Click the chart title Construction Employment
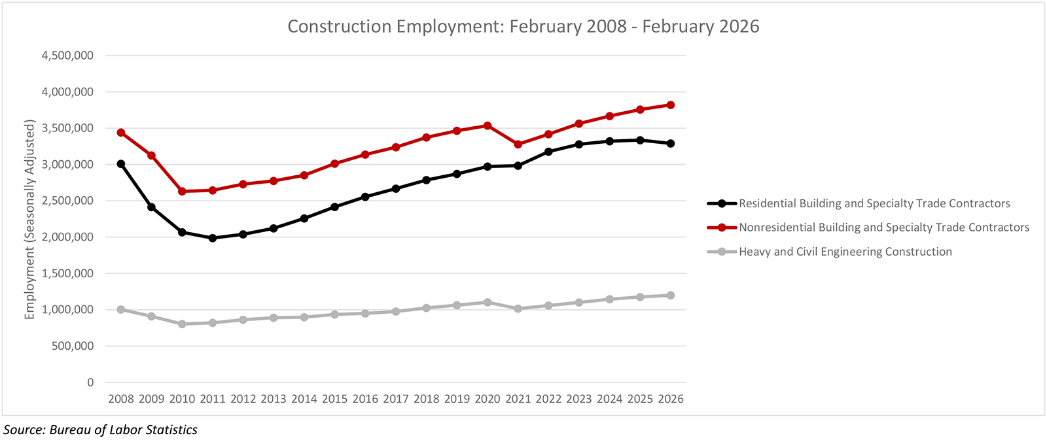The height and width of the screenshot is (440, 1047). [x=523, y=27]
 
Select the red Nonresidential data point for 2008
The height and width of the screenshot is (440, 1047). [x=121, y=133]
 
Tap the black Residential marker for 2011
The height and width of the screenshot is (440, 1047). [x=213, y=238]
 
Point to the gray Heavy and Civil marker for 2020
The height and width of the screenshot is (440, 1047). [x=488, y=302]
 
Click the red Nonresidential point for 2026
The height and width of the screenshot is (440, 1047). [x=671, y=105]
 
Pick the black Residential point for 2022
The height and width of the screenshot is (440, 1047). [x=548, y=152]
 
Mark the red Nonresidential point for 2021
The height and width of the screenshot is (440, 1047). [x=518, y=144]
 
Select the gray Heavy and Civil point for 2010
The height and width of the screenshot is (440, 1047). [x=182, y=324]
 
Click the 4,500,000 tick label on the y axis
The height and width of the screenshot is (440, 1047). [x=67, y=56]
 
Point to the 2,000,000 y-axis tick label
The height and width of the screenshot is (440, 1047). [x=67, y=237]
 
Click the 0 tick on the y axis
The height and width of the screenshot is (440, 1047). [x=90, y=382]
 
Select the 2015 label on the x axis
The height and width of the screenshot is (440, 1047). [x=334, y=399]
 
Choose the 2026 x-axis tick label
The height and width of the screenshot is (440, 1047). [x=671, y=399]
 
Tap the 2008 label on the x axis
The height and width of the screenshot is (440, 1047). [x=121, y=399]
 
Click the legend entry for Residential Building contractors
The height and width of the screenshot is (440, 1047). [x=874, y=203]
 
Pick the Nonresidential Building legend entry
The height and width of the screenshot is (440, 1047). [x=883, y=228]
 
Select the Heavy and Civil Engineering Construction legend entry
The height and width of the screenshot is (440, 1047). [x=845, y=252]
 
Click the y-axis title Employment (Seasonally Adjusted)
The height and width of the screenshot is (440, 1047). [x=29, y=219]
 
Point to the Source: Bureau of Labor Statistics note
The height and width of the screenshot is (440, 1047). [x=100, y=430]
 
